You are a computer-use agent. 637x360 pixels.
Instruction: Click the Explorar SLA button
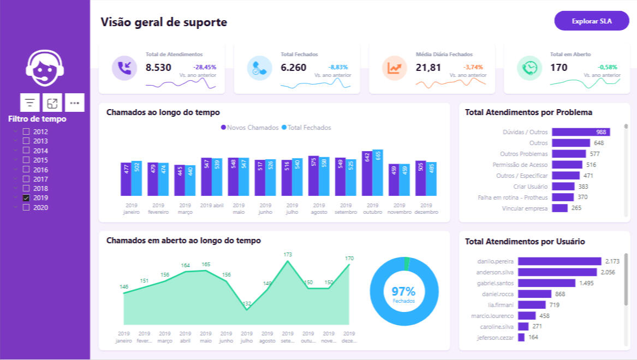pos(592,21)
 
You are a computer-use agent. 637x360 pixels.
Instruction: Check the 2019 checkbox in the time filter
pos(26,198)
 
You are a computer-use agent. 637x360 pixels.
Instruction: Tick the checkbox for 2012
pos(26,131)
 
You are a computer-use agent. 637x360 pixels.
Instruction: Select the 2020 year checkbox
pos(26,208)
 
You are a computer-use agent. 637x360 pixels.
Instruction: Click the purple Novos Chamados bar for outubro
pos(367,173)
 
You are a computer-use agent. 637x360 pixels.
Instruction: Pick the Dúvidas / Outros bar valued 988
pos(581,132)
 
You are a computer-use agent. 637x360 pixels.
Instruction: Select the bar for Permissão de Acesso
pos(567,165)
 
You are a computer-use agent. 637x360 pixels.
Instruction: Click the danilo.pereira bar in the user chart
pos(559,261)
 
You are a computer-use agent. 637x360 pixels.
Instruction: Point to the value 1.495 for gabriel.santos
pos(586,283)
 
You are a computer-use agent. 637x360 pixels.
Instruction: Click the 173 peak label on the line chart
pos(288,255)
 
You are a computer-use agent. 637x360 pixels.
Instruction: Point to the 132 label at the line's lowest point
pos(247,304)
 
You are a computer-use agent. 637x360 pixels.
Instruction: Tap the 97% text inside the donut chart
pos(403,291)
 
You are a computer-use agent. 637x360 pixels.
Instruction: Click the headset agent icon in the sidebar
pos(45,70)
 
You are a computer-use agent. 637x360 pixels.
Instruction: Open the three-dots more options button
pos(75,103)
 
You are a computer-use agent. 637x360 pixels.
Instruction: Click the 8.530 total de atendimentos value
pos(158,68)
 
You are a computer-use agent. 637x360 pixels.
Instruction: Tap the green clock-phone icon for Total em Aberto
pos(529,68)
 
